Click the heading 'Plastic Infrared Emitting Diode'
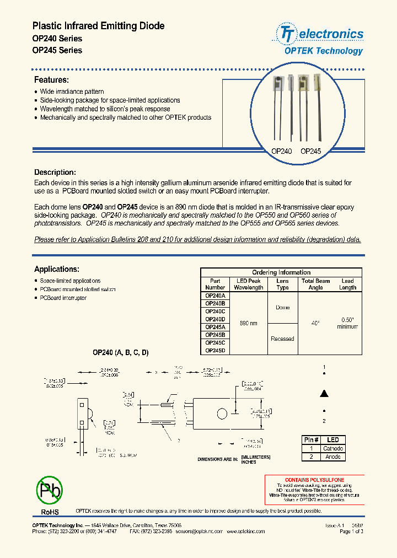(98, 26)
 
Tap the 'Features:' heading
(51, 80)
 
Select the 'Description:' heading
(55, 172)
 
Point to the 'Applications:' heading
(57, 269)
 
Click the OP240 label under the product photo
(281, 151)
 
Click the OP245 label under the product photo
(310, 151)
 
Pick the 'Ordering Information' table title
(281, 272)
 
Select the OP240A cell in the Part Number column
(215, 296)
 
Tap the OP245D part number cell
(215, 350)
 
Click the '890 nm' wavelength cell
(249, 323)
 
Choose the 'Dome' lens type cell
(282, 308)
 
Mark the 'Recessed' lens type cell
(282, 339)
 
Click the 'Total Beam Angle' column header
(315, 284)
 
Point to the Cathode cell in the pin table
(333, 448)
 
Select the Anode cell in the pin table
(333, 457)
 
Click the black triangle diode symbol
(325, 393)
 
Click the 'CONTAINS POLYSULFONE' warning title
(314, 480)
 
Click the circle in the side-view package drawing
(222, 415)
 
